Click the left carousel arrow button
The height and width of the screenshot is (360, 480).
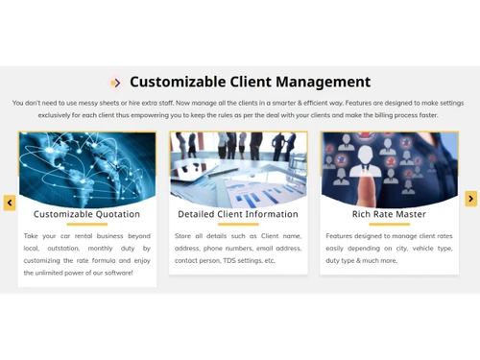tap(10, 203)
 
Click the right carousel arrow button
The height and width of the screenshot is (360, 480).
tap(470, 199)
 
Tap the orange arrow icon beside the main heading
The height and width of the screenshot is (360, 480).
tap(115, 83)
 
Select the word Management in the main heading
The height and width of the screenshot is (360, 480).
tap(324, 83)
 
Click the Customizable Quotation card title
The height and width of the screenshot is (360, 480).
tap(86, 214)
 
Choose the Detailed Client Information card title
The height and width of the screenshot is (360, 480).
tap(238, 214)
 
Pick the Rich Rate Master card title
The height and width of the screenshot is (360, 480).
tap(389, 214)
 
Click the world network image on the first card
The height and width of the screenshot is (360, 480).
tap(86, 165)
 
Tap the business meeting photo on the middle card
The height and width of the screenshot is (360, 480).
tap(238, 165)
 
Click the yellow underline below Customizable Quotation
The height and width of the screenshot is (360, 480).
tap(86, 225)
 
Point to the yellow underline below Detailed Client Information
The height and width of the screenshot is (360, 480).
tap(238, 225)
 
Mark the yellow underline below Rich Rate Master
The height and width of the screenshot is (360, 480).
tap(389, 225)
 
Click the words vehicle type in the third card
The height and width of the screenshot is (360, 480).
tap(430, 248)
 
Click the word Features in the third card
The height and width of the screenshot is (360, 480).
tap(342, 235)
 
